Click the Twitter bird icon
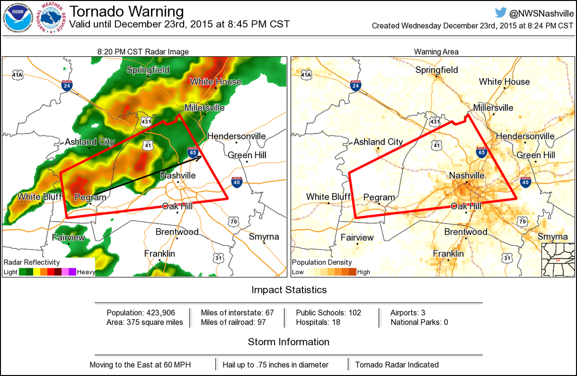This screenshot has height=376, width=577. tap(501, 13)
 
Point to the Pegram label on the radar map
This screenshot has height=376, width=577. tap(90, 197)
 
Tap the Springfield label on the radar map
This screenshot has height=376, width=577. tap(148, 70)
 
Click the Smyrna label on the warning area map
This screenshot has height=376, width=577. tap(552, 237)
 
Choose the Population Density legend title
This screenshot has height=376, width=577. tap(322, 263)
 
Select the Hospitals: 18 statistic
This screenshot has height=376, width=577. tap(318, 322)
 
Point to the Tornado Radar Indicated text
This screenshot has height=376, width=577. tap(397, 364)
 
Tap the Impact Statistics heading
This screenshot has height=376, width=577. tap(288, 290)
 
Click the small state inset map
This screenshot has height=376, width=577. tap(558, 260)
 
